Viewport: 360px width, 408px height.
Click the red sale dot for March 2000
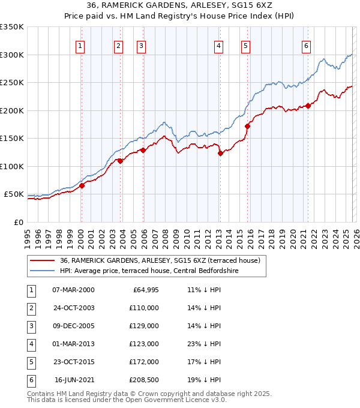coord(82,185)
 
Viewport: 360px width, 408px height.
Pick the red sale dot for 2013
coord(220,153)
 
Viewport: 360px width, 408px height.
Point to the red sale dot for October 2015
coord(247,126)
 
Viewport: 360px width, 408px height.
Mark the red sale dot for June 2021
coord(308,106)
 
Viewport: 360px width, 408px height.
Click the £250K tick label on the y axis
coord(12,83)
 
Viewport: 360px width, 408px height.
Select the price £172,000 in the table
coord(144,362)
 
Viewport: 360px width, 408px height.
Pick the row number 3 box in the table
coord(31,326)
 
